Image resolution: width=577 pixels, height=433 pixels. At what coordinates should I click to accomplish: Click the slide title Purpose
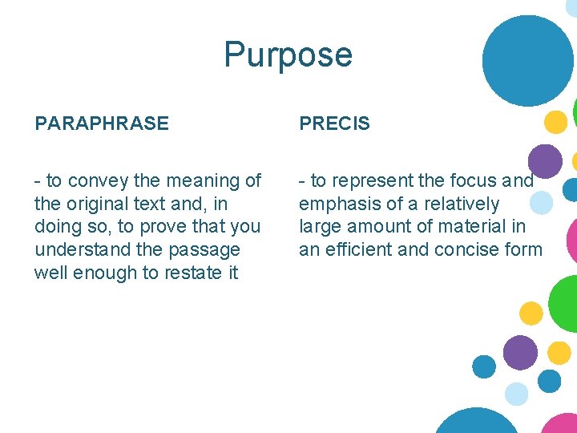coord(288,55)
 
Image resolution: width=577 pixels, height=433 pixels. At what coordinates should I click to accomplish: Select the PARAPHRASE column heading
coord(102,123)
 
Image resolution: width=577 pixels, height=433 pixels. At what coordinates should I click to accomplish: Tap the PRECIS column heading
coord(334,123)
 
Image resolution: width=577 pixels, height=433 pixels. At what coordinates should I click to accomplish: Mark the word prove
coord(173,227)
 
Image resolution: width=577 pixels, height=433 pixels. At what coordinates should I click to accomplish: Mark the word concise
coord(466,250)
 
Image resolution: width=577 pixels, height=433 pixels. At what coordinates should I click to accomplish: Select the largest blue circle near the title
coord(528,60)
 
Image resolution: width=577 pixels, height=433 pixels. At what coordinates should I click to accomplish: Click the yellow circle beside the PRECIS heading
coord(555,122)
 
